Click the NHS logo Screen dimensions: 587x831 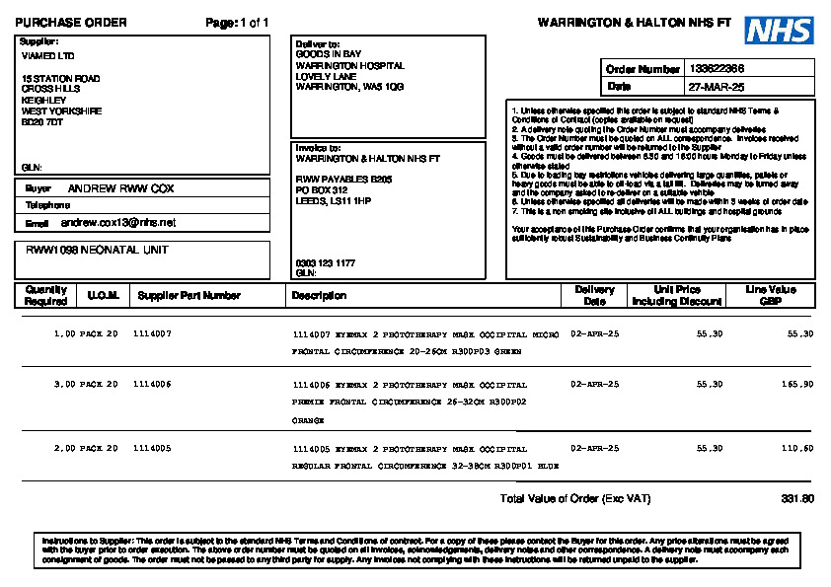779,30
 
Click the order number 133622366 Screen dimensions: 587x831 717,69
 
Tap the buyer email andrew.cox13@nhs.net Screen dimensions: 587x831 112,223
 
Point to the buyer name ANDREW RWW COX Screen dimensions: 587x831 120,187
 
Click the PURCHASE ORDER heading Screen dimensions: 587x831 71,23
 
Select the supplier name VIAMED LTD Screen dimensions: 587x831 47,56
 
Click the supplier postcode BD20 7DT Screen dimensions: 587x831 42,122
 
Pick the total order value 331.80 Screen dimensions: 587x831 797,499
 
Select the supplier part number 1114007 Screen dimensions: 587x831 152,334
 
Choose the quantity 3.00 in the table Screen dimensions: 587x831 64,384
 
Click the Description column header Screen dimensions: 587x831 319,295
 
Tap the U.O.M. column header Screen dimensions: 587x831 103,295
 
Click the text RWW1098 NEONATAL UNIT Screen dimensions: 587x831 97,251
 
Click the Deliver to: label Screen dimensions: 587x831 318,44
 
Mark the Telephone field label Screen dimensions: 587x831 47,205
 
